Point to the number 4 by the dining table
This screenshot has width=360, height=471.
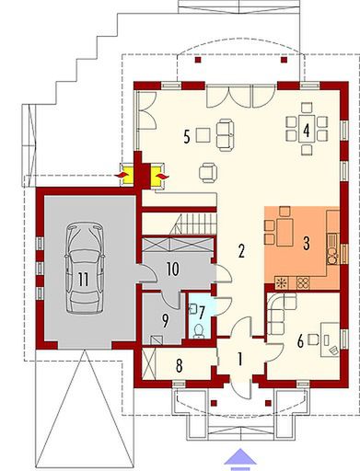tap(305, 129)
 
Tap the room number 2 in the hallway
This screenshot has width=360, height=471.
tap(240, 250)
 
